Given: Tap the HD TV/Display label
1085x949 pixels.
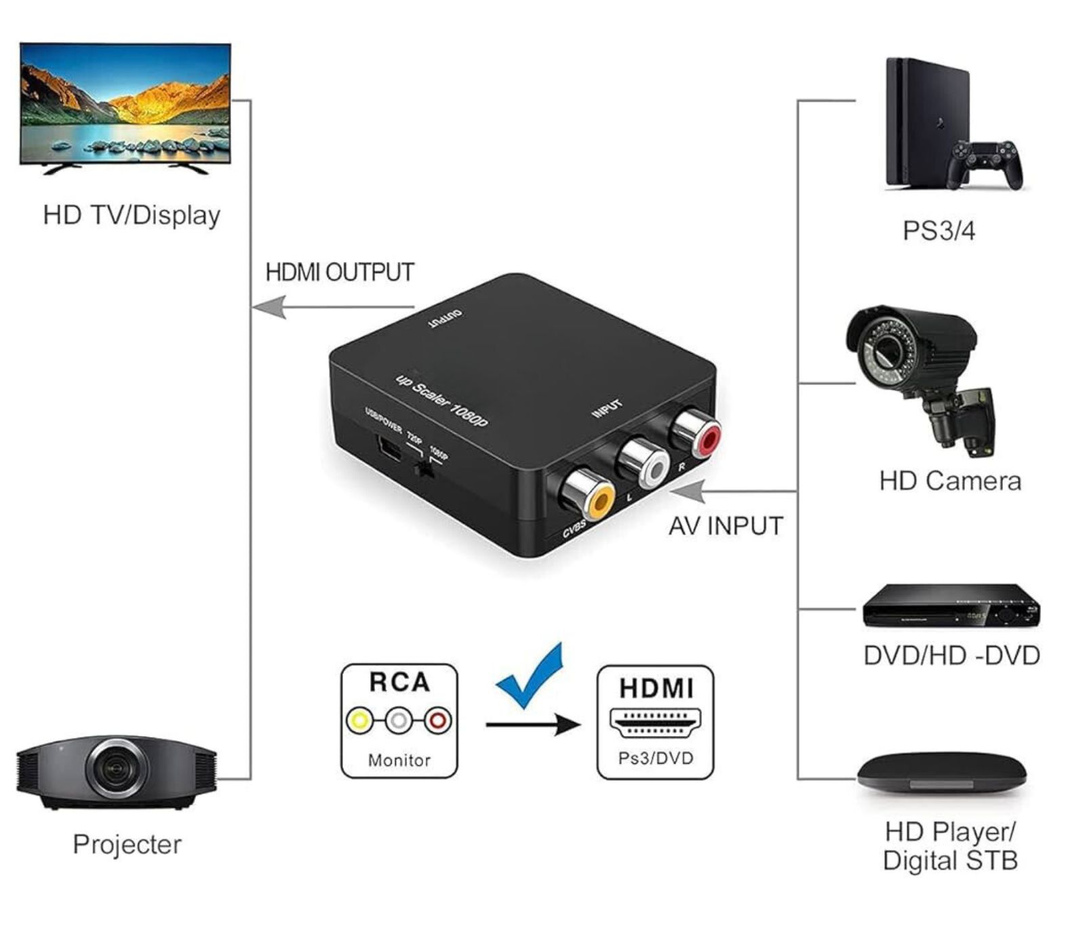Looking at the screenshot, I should [132, 216].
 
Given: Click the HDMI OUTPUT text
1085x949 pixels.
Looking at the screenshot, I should [340, 272].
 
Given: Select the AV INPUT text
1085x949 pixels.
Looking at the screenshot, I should [726, 526].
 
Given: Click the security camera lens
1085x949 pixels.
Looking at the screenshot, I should [883, 352].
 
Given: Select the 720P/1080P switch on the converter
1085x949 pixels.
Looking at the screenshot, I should [426, 468].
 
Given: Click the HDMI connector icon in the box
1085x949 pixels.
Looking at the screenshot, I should [655, 723].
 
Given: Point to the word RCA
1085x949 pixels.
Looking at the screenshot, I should [399, 682].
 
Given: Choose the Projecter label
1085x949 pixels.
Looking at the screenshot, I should [127, 845].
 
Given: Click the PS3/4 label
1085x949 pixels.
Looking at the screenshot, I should [939, 231].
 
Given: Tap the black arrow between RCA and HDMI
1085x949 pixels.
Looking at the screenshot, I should [533, 725].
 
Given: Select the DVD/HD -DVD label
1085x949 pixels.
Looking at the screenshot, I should [951, 656].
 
